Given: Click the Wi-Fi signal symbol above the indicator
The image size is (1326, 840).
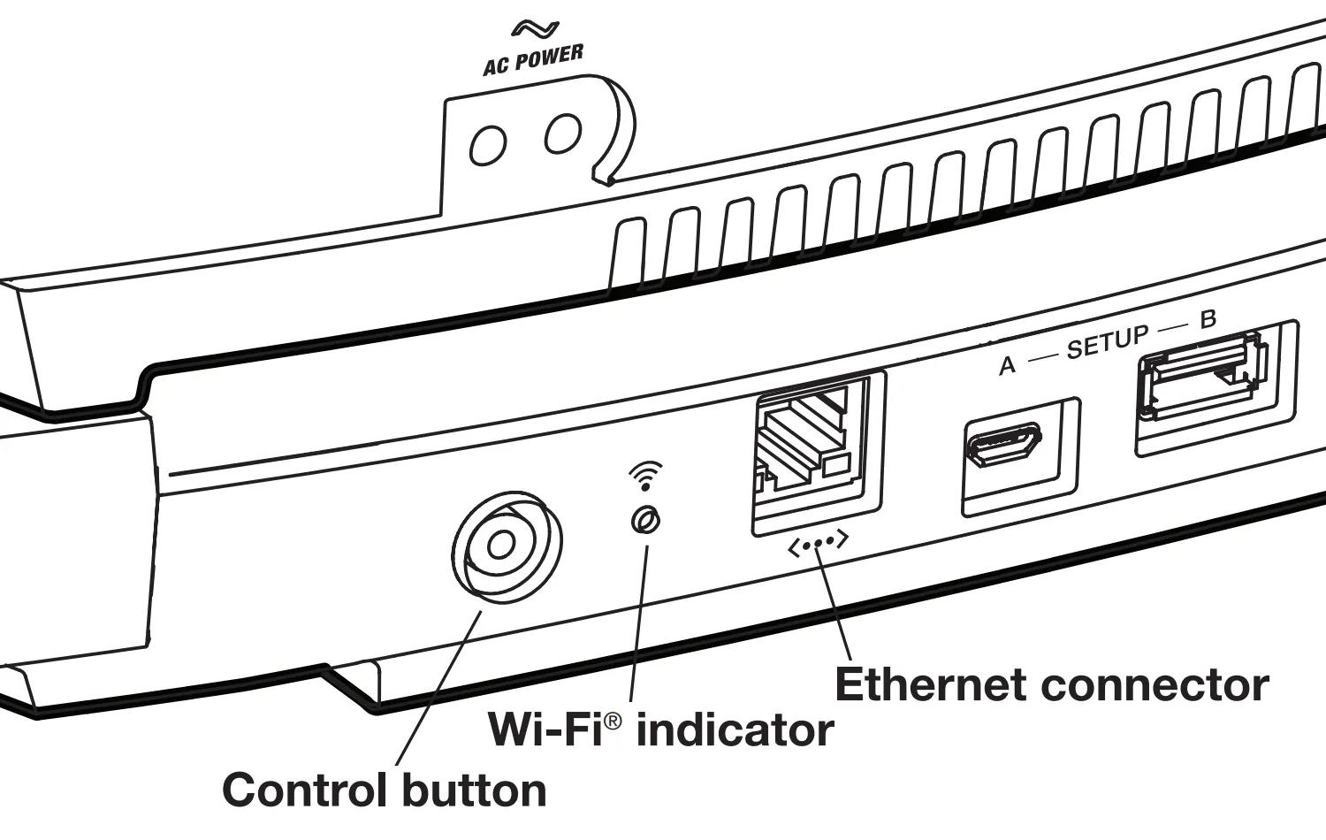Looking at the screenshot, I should tap(645, 476).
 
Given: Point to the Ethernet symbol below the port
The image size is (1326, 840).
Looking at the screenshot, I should tap(819, 543).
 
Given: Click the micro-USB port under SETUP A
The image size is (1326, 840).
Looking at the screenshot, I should tap(1003, 444).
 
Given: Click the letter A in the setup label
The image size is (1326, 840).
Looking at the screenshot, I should tap(1007, 366).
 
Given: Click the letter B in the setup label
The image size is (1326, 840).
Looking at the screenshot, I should tap(1208, 320).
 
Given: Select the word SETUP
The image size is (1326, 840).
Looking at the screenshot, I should tap(1108, 342).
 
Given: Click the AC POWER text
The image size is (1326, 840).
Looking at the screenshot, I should tap(533, 60).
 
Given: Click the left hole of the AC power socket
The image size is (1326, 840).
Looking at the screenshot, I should tap(487, 145).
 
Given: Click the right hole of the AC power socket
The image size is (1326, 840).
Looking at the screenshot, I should tap(562, 132).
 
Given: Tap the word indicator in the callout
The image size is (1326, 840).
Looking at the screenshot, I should tap(735, 730).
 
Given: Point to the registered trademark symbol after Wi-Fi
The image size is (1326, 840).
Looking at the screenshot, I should tap(613, 722).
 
